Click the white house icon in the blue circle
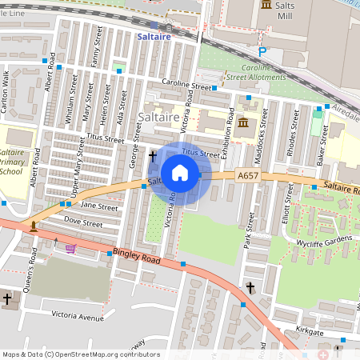click(x=180, y=172)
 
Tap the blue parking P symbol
click(x=262, y=52)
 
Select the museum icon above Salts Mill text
click(x=265, y=6)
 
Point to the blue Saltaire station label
click(x=154, y=37)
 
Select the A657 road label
click(x=247, y=174)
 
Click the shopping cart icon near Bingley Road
click(x=70, y=249)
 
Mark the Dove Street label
click(x=83, y=220)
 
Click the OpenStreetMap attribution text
click(x=80, y=354)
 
